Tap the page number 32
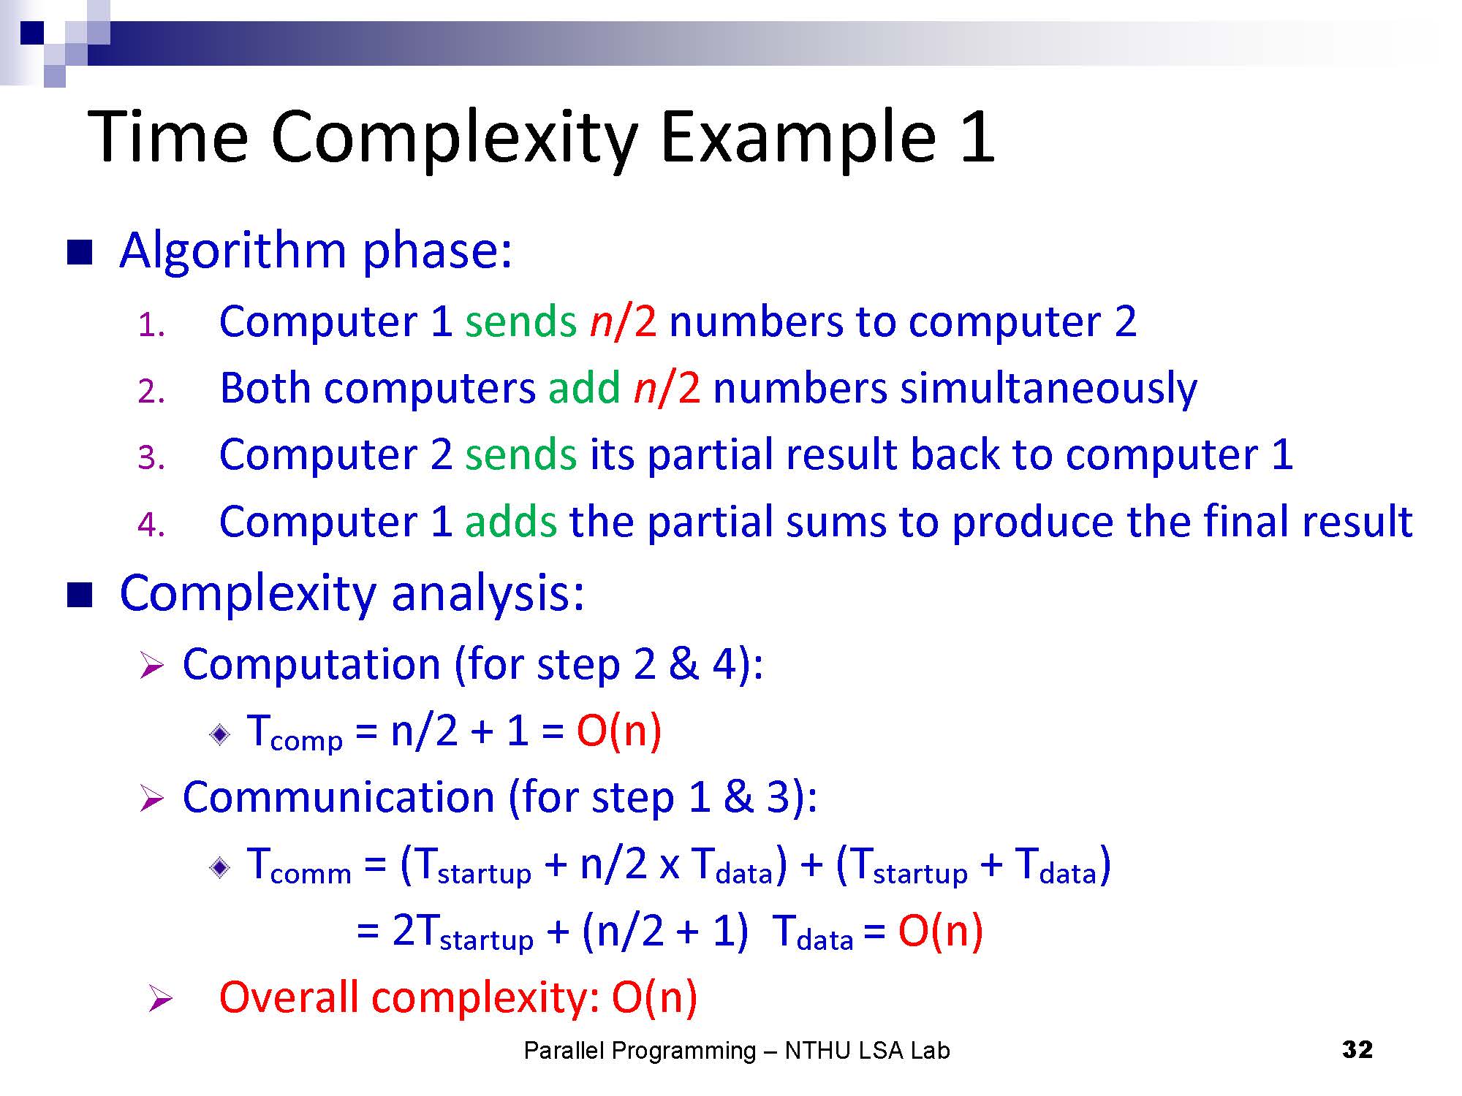click(x=1357, y=1049)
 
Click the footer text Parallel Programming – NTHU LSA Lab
click(x=737, y=1051)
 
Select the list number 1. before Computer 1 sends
click(x=151, y=325)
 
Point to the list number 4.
click(x=151, y=525)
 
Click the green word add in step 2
click(x=584, y=388)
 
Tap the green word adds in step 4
click(x=511, y=522)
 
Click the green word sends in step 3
click(x=521, y=455)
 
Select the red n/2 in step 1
click(x=623, y=321)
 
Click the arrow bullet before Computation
click(x=151, y=666)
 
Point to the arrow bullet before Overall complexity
click(x=159, y=999)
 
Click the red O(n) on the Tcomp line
click(x=619, y=731)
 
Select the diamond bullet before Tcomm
click(x=220, y=867)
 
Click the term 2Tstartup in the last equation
click(x=463, y=933)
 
